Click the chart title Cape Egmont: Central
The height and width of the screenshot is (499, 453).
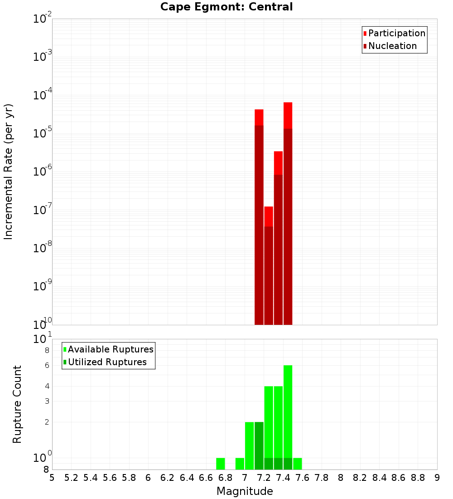coord(226,7)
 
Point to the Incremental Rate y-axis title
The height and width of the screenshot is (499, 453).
coord(8,171)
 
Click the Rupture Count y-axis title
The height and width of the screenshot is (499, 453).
coord(17,404)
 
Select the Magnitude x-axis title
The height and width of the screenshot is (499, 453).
coord(245,491)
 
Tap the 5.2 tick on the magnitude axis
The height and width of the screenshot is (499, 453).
coord(72,478)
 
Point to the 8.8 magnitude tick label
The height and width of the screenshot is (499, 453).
coord(418,478)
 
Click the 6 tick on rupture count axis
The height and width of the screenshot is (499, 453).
coord(47,365)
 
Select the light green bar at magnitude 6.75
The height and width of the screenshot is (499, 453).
coord(221,464)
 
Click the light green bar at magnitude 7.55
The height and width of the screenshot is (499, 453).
coord(298,464)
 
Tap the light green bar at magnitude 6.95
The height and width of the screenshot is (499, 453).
coord(240,464)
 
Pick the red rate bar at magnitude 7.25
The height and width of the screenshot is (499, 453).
coord(269,265)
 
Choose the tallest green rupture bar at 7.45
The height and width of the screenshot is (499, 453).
coord(288,408)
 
